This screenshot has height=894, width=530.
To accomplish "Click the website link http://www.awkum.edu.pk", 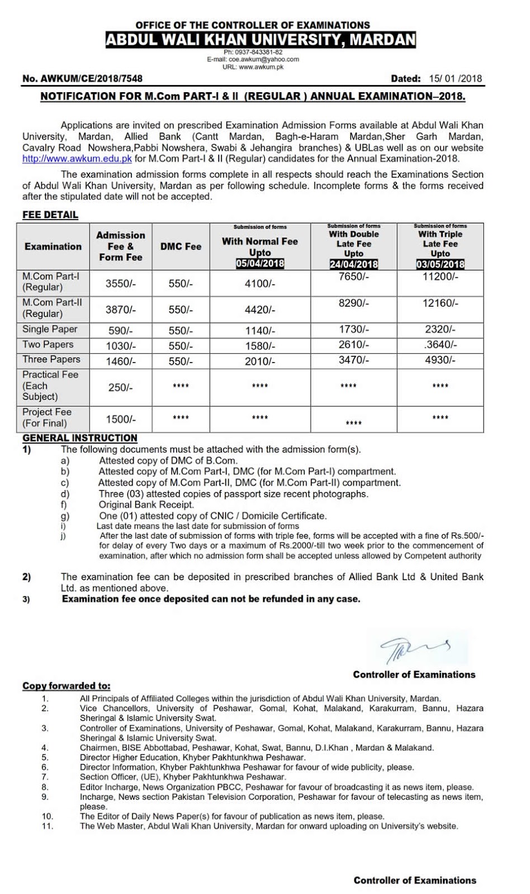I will (x=77, y=159).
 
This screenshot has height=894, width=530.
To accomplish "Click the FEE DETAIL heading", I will (x=50, y=215).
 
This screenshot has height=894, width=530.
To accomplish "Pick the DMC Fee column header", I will (x=181, y=246).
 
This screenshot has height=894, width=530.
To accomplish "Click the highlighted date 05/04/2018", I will (x=260, y=264).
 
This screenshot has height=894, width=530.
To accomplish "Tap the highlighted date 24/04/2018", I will (x=354, y=264).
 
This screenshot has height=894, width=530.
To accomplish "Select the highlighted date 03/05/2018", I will (x=440, y=264).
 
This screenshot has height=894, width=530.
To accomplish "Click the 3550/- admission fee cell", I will (x=121, y=284).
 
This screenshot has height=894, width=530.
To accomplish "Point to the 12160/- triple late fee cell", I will (x=441, y=303).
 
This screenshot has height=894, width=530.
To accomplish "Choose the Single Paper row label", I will (x=50, y=329).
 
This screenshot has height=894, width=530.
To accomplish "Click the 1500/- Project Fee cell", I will (x=121, y=419).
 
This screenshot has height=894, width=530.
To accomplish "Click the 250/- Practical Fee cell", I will (x=121, y=387).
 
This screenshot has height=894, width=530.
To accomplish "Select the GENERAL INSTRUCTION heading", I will (x=79, y=438).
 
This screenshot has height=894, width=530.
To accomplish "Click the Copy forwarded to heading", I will (x=66, y=686).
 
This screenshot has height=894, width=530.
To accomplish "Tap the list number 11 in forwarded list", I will (x=48, y=826).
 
